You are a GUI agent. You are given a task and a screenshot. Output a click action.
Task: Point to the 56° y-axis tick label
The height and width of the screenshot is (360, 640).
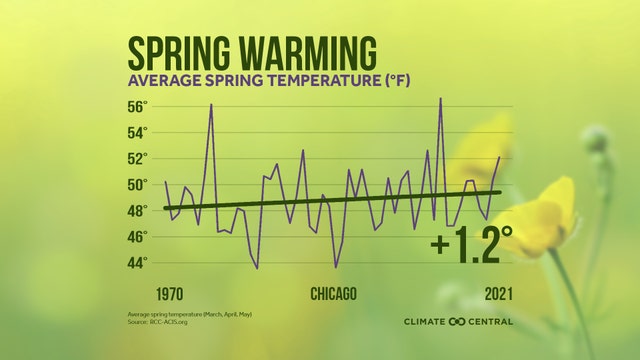137,107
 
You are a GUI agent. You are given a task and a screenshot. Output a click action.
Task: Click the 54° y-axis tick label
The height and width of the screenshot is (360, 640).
137,133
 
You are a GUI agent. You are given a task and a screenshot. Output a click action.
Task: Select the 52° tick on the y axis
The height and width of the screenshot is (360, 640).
137,159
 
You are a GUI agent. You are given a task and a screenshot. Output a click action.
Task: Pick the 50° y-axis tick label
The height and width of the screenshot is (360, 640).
137,185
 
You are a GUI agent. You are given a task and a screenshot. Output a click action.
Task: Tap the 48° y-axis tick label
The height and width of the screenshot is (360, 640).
137,211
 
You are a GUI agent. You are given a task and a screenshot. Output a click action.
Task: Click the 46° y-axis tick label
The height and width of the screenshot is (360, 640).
137,237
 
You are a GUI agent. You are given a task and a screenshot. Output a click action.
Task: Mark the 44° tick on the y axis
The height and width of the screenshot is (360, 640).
137,262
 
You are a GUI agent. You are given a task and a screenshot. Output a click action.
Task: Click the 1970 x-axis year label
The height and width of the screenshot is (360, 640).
143,294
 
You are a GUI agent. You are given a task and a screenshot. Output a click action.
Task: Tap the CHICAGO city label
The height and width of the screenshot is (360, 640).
333,294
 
